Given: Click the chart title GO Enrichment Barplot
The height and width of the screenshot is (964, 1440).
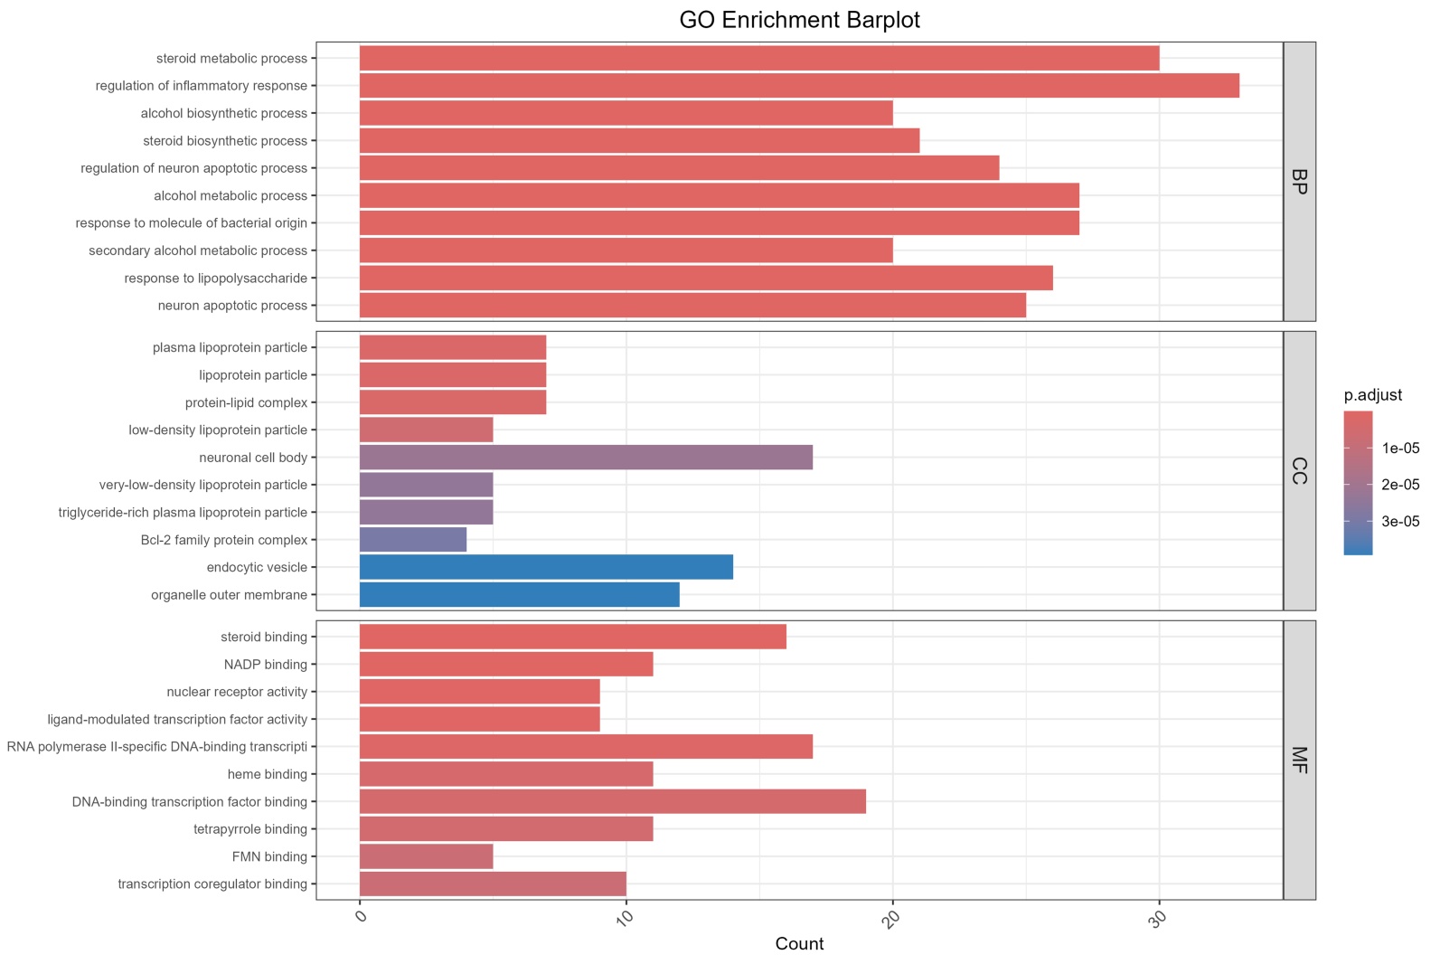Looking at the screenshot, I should click(799, 20).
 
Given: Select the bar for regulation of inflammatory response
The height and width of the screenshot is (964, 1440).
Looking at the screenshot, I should click(799, 86).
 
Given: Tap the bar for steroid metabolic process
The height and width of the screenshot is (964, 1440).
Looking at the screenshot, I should click(759, 59).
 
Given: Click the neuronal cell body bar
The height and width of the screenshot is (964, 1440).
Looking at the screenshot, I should click(586, 458).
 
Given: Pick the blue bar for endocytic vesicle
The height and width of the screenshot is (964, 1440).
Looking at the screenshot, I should click(546, 567).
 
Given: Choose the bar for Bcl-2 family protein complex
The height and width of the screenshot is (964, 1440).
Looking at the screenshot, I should click(413, 540).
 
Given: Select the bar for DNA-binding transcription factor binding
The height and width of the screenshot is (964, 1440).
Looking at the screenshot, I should click(613, 801).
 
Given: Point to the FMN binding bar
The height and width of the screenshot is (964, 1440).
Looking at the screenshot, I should click(427, 856).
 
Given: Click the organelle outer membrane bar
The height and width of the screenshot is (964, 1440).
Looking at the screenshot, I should click(520, 595).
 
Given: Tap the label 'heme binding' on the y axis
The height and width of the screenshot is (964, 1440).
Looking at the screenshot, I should click(268, 774).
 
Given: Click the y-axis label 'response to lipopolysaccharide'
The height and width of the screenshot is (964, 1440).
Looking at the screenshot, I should click(216, 279).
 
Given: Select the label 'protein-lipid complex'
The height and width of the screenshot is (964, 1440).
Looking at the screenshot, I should click(246, 402).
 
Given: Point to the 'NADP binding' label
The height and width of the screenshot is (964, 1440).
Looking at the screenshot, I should click(266, 665).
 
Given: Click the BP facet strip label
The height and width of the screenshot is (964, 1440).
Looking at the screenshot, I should click(1299, 182).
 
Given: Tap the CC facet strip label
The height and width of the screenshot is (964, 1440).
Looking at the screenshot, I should click(1299, 471).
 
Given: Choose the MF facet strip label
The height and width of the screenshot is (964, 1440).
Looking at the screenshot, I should click(1299, 760).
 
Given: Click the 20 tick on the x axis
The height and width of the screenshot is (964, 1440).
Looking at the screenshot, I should click(892, 920).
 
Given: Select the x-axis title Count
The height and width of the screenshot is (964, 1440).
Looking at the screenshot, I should click(799, 944).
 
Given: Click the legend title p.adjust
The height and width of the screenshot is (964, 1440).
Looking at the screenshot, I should click(1373, 395).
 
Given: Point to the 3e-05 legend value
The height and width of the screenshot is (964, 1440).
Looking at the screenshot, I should click(1400, 521).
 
